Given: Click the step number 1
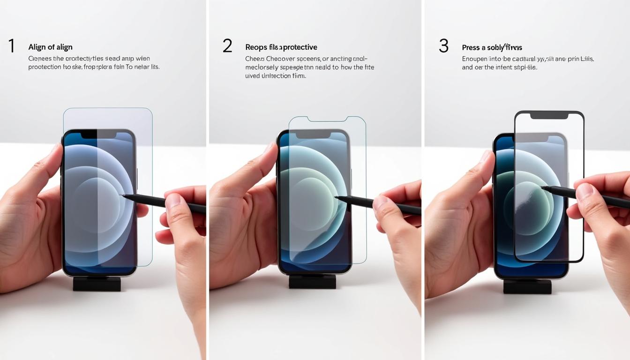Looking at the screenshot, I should pos(11,46).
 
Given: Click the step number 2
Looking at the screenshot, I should pos(227,46).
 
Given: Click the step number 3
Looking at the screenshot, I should pos(443,46).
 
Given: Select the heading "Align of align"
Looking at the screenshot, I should pos(50,47).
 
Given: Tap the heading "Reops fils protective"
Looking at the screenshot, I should pos(281,47).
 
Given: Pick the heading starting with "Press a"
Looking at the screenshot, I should pos(492,48).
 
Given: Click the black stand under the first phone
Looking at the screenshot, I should pos(97,284).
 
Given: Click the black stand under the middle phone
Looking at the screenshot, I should pos(312,281).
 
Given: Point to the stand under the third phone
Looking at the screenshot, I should pos(527,286).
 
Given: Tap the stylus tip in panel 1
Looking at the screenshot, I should pos(122,196).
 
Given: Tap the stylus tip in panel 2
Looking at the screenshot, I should pos(337,197).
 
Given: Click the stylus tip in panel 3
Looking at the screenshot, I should pos(543,188).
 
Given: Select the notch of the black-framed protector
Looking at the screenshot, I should pos(549,115).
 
